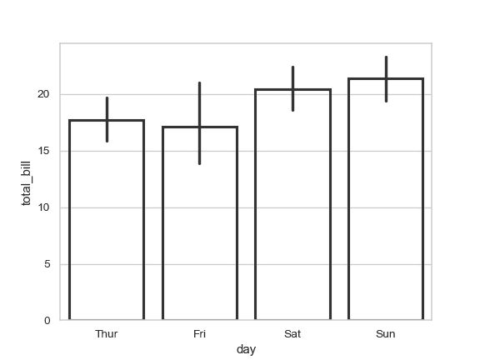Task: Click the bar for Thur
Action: (x=107, y=220)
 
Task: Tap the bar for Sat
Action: (x=292, y=205)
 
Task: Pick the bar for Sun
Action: (x=386, y=199)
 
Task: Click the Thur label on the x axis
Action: (x=107, y=334)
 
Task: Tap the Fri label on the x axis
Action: (x=200, y=334)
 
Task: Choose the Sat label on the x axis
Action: (x=292, y=334)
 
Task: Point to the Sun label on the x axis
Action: (x=386, y=334)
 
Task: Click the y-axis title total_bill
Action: (x=27, y=182)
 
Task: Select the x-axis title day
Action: (x=246, y=350)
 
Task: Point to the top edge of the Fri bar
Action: (x=200, y=127)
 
